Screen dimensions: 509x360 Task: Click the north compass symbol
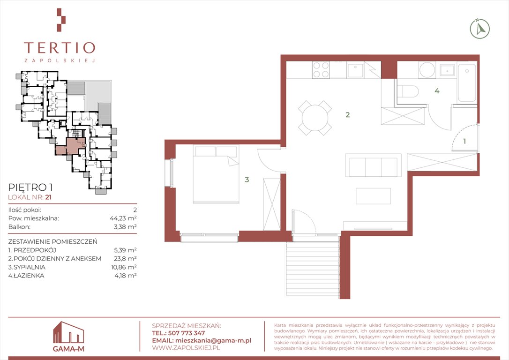click(x=479, y=29)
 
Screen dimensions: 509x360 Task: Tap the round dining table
click(x=315, y=118)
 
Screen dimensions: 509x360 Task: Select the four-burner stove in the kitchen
click(x=321, y=70)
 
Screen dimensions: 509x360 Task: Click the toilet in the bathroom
click(x=408, y=91)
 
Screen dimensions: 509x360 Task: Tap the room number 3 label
click(x=247, y=180)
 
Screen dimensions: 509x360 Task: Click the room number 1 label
click(x=464, y=141)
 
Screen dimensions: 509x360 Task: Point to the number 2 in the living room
click(x=348, y=114)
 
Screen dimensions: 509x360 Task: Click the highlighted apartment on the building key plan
click(x=71, y=146)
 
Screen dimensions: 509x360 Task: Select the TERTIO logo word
click(x=60, y=48)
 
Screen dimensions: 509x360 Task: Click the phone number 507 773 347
click(x=187, y=333)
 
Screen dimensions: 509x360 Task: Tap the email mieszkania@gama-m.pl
click(x=213, y=340)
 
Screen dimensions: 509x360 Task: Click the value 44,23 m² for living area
click(x=123, y=218)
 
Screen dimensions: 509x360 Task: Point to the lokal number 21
click(x=49, y=197)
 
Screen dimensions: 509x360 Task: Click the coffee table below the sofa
click(x=373, y=196)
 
